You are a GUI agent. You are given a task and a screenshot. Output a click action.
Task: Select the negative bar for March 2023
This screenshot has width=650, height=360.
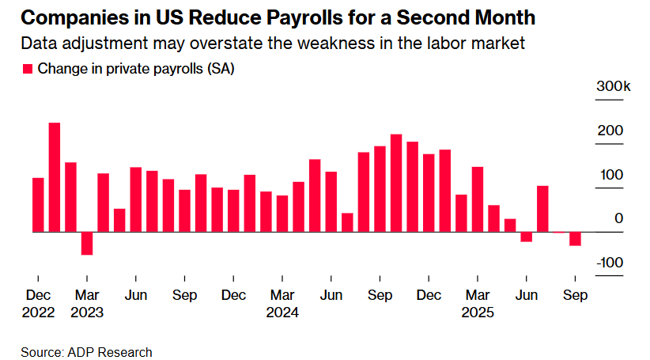[x=87, y=244]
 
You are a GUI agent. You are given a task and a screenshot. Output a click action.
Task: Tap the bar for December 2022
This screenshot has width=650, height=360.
[x=38, y=205]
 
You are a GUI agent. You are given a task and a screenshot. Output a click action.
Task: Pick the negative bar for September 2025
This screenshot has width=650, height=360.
[x=575, y=239]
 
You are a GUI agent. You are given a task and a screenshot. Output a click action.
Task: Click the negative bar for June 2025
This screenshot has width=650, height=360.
[x=527, y=237]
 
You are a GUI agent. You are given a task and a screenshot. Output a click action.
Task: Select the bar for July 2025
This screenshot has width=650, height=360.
[x=542, y=209]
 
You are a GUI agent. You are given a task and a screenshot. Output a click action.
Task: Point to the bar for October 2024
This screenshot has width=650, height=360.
[x=396, y=184]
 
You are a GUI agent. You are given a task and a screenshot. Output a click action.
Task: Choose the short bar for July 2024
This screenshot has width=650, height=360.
[x=347, y=222]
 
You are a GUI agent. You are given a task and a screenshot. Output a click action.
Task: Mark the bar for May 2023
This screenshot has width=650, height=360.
[x=119, y=221]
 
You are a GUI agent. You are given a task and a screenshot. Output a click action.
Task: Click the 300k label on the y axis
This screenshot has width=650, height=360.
[x=613, y=87]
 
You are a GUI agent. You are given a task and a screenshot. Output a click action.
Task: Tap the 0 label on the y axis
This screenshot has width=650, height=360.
[x=619, y=219]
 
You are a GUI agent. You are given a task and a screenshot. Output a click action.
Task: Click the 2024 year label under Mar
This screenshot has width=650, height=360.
[x=282, y=313]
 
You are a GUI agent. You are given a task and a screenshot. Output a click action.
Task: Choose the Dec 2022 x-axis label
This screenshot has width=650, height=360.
[x=39, y=305]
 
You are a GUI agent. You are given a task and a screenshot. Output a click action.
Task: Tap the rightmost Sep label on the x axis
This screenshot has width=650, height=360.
[x=575, y=296]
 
